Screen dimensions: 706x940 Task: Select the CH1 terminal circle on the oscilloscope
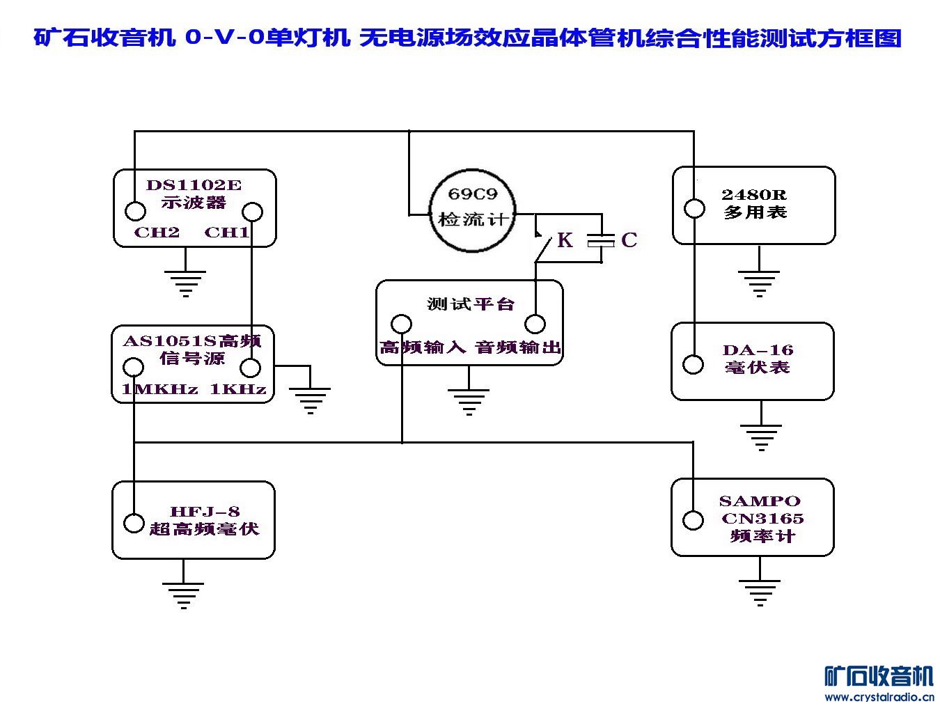[x=252, y=211]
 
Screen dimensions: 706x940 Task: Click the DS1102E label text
[x=194, y=185]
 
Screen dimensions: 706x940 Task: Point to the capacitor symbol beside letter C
[x=601, y=241]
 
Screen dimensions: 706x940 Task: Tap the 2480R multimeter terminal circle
[x=694, y=208]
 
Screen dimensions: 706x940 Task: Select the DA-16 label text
[x=758, y=350]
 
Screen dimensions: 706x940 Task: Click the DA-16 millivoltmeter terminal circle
[x=694, y=364]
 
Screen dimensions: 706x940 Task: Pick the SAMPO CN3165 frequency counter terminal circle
[x=694, y=520]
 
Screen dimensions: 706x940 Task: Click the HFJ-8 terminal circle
[x=134, y=523]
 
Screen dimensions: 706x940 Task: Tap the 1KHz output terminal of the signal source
[x=251, y=368]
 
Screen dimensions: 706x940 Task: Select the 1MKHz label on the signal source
[x=159, y=389]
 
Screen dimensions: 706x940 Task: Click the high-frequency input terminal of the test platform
[x=402, y=324]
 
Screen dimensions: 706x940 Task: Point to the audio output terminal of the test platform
[x=535, y=324]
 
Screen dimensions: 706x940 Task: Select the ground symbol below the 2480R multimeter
[x=759, y=281]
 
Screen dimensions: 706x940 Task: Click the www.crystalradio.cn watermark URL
[x=879, y=696]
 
